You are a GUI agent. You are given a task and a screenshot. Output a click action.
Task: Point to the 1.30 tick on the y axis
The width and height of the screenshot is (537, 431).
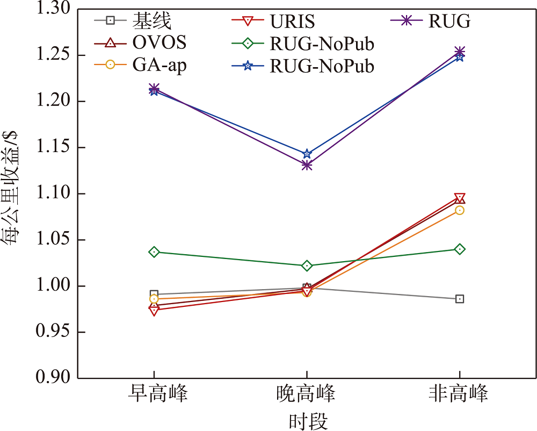tap(54, 10)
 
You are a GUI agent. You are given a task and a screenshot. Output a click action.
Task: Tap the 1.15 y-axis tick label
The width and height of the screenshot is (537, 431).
tap(54, 148)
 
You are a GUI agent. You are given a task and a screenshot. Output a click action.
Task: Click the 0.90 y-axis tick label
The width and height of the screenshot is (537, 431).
tap(54, 378)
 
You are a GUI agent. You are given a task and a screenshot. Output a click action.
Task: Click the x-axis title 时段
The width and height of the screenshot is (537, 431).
tap(307, 421)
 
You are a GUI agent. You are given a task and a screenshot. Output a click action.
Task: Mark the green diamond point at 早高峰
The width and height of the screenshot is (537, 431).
tap(154, 252)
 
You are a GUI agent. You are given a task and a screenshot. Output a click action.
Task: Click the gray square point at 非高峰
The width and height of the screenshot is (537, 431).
tap(460, 299)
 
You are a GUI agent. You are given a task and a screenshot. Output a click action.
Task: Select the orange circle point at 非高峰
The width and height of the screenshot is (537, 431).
tap(460, 210)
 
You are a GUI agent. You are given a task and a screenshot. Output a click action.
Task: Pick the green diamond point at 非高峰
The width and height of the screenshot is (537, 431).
tap(460, 249)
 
